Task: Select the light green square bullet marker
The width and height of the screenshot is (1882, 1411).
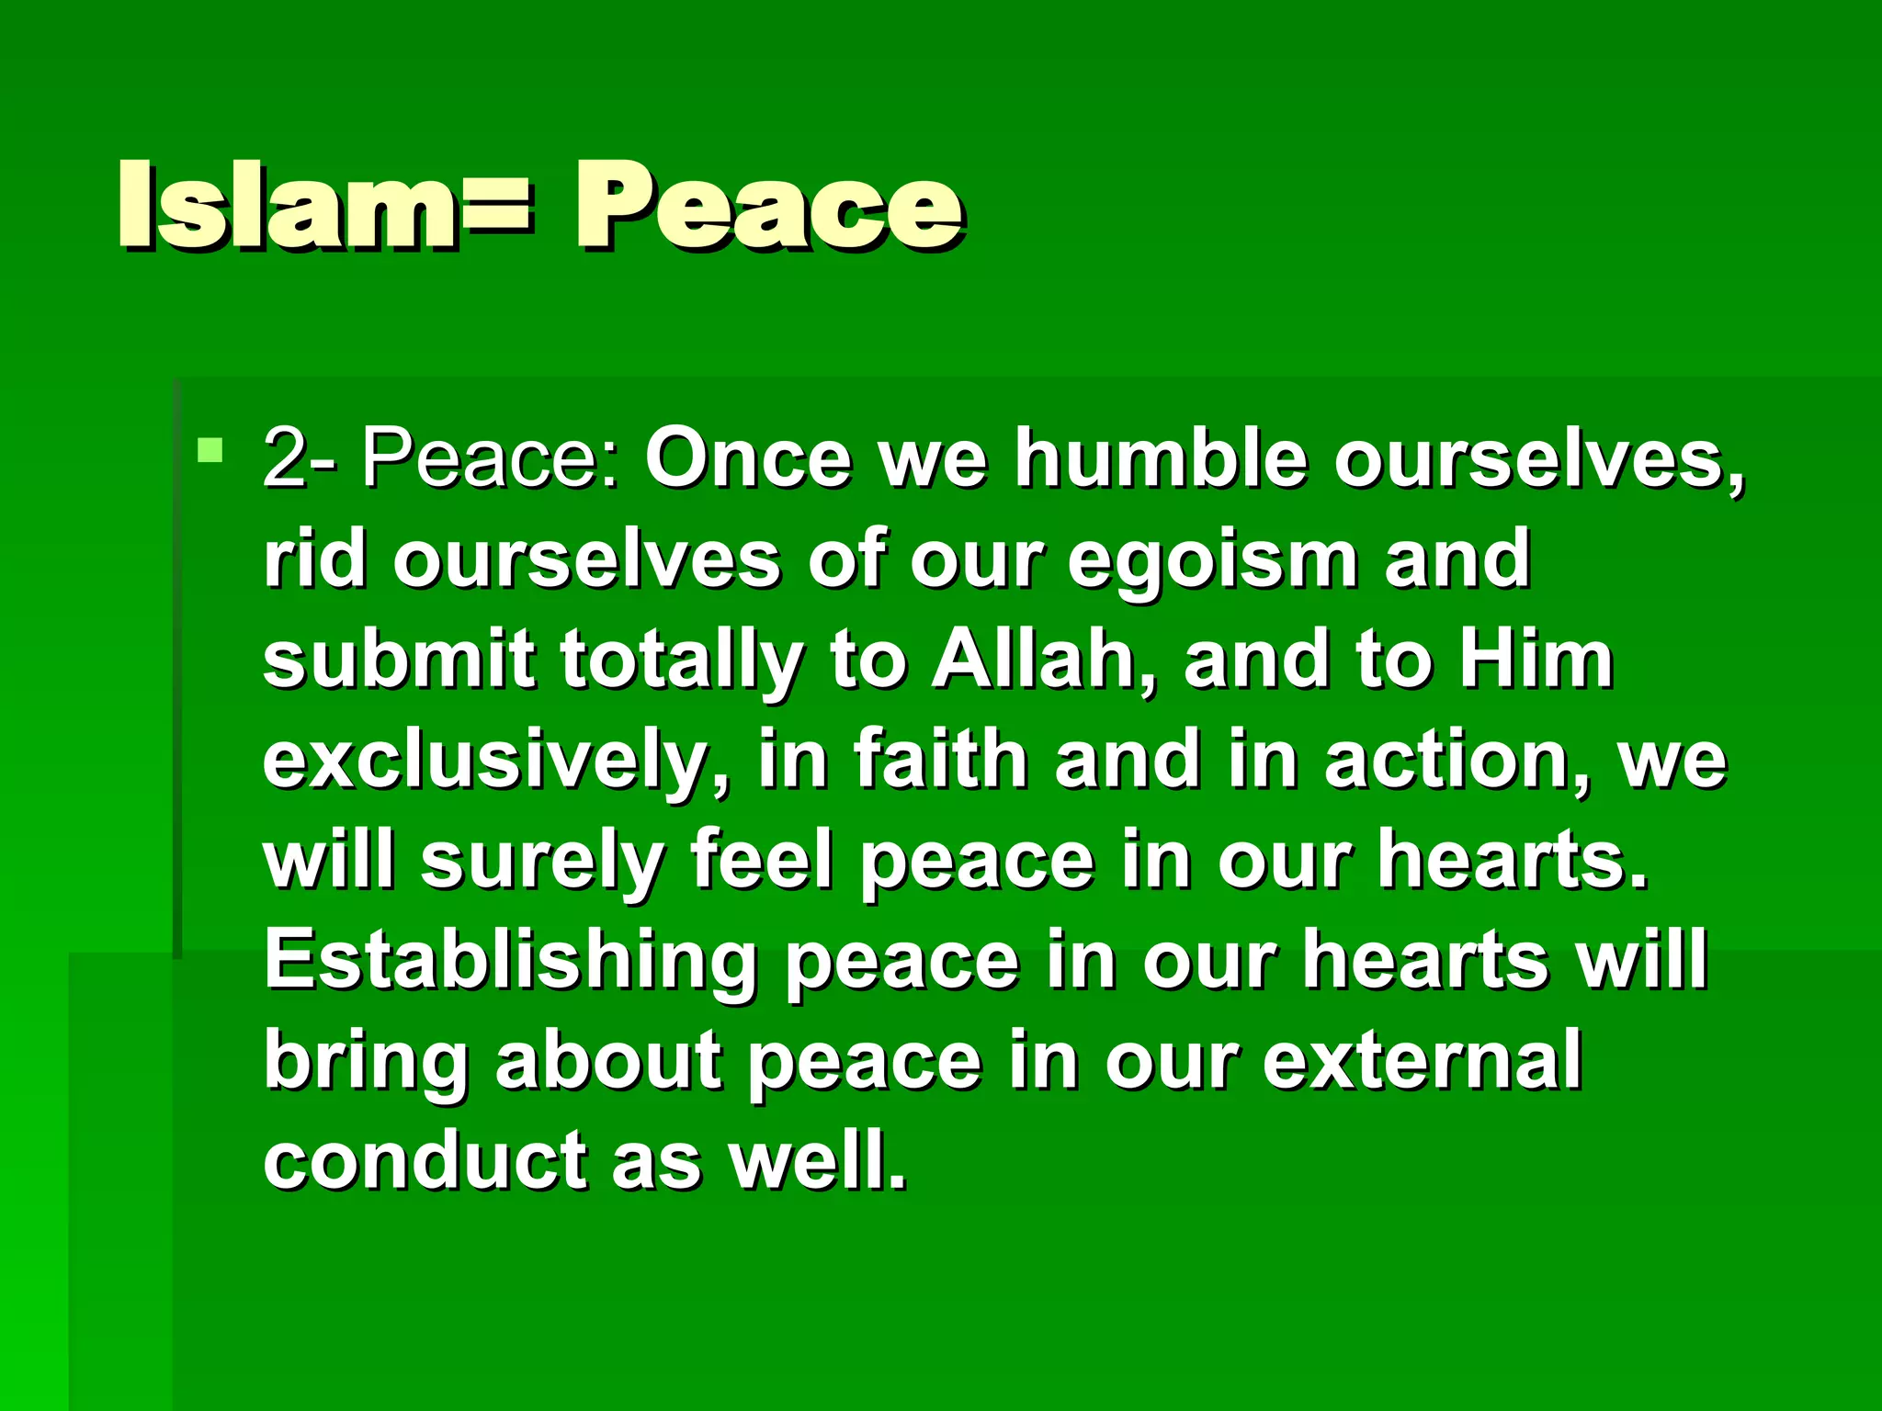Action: point(210,451)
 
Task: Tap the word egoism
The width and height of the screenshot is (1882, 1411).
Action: point(1212,562)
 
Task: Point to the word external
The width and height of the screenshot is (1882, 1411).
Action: point(1422,1060)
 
